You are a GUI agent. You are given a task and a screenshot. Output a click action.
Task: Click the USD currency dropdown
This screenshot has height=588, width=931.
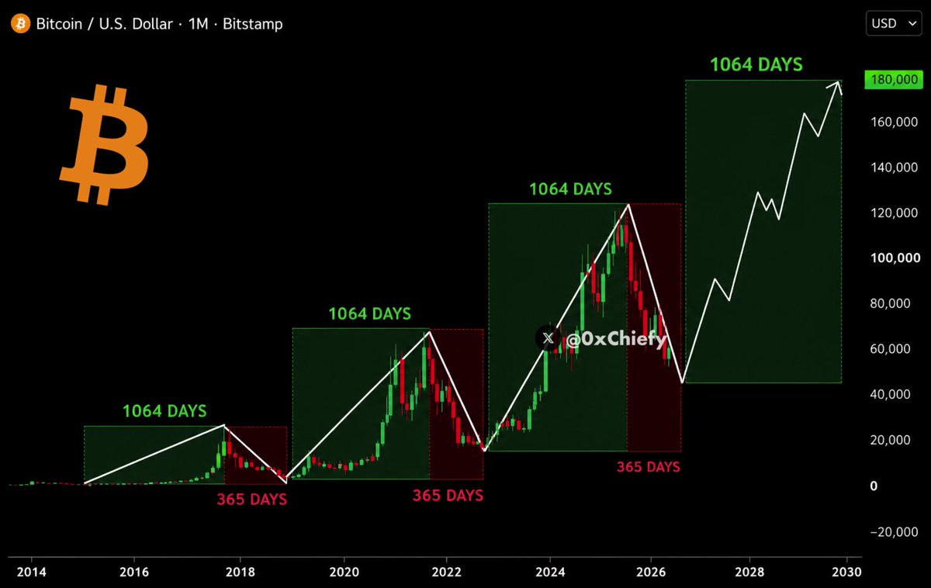(x=894, y=23)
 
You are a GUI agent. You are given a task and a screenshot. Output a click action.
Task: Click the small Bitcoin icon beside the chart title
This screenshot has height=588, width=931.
(x=20, y=23)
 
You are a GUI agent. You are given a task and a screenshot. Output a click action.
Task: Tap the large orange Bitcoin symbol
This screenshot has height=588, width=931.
(x=104, y=144)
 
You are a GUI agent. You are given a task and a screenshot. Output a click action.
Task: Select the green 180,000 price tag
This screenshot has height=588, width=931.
(x=894, y=79)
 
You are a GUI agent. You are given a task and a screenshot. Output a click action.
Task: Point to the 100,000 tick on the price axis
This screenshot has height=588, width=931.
(x=895, y=258)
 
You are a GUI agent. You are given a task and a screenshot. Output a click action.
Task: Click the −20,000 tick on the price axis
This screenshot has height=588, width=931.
(x=894, y=532)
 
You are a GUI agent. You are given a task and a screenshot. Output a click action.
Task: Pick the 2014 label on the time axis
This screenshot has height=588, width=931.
(x=32, y=572)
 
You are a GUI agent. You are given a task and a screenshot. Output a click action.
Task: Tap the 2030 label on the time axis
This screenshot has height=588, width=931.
(x=846, y=572)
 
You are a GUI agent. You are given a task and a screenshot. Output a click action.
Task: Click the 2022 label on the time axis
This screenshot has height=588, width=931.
(x=446, y=572)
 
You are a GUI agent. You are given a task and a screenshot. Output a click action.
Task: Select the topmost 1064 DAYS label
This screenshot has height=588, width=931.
(x=756, y=64)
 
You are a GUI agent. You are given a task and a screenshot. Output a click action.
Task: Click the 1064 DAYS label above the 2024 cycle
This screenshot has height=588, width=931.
(x=571, y=189)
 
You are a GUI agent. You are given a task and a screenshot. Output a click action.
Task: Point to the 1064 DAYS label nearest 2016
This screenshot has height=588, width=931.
(x=164, y=411)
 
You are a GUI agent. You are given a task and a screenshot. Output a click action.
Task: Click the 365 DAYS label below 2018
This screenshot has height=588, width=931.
(x=252, y=499)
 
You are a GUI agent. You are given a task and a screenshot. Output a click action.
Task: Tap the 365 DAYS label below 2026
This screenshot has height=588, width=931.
(x=649, y=467)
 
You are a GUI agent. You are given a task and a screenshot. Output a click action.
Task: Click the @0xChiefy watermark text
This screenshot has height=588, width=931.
(x=616, y=339)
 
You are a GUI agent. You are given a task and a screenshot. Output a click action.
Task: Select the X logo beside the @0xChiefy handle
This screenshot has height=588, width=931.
(x=548, y=338)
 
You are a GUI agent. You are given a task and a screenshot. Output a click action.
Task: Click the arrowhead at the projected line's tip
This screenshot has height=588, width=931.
(x=837, y=86)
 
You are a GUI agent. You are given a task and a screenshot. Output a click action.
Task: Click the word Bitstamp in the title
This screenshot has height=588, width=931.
(x=253, y=24)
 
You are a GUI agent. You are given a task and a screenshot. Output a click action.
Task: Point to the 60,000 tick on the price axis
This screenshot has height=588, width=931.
(x=891, y=348)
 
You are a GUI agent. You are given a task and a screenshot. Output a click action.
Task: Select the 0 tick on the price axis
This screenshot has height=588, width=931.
(x=874, y=486)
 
